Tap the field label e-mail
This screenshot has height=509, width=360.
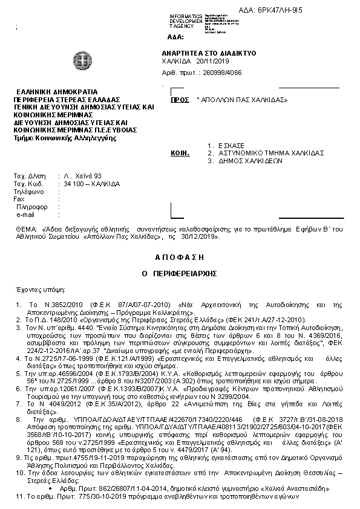(25, 215)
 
